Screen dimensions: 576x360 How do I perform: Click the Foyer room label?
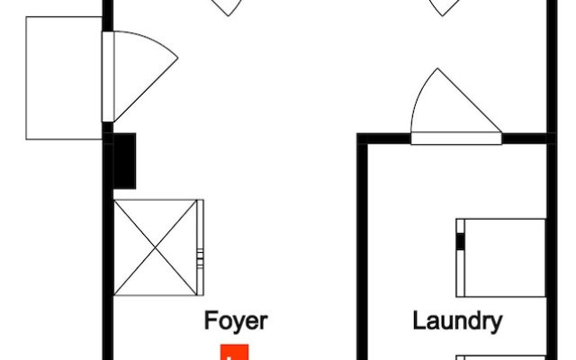tap(236, 321)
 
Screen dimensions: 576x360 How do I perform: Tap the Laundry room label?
tap(457, 321)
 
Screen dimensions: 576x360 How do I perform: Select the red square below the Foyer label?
tap(234, 352)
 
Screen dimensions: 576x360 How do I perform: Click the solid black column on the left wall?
tap(124, 161)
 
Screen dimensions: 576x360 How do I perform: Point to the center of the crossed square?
tap(156, 247)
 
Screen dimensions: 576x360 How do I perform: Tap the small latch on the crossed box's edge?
tap(200, 258)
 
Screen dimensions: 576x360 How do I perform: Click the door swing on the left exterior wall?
tap(146, 76)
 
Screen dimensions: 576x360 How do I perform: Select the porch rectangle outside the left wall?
tap(64, 78)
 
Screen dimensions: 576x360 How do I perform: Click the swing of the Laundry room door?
tap(456, 100)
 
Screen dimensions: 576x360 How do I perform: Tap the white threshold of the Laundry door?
tap(456, 139)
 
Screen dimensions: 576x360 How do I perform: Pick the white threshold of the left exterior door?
tap(108, 76)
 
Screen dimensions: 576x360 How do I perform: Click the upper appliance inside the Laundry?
tap(500, 258)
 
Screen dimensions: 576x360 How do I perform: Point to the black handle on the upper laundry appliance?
tap(460, 242)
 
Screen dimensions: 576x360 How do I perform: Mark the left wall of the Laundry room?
tap(362, 247)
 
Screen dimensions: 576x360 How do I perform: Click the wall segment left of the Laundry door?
tap(384, 139)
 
